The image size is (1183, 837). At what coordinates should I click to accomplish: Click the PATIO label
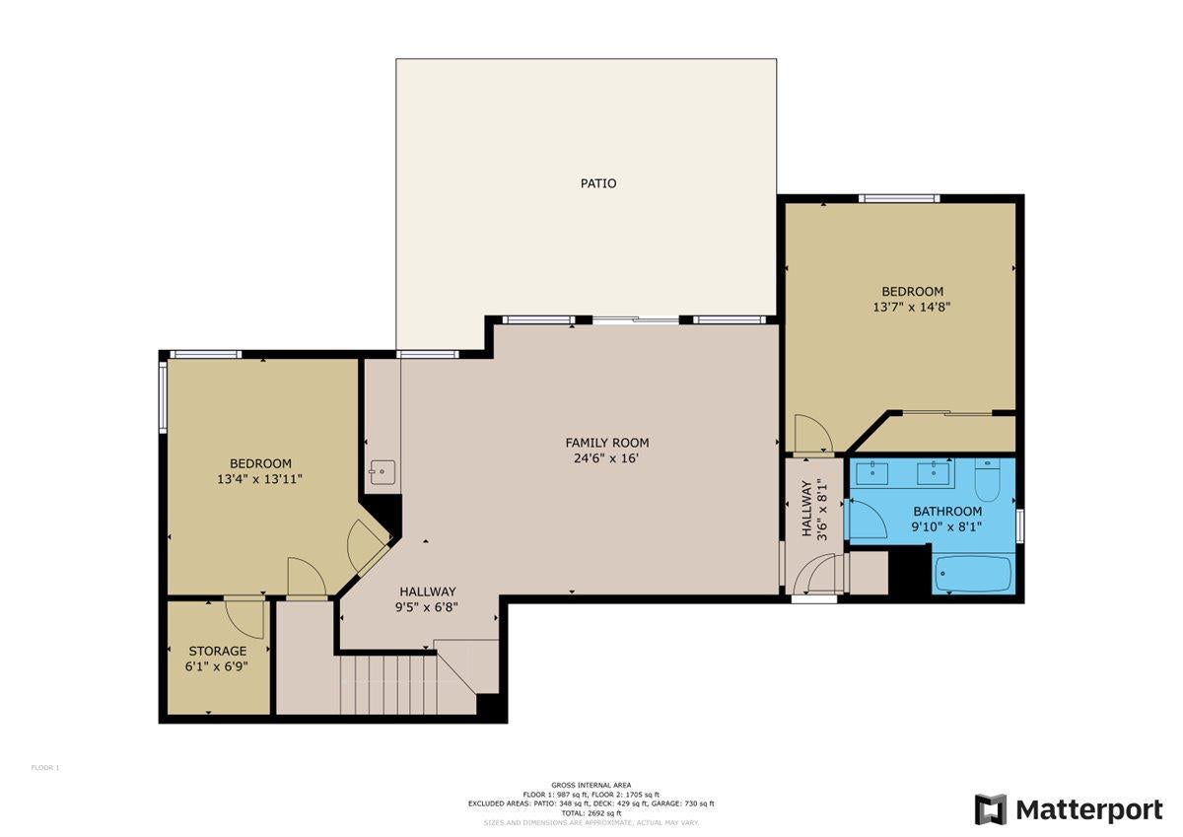598,183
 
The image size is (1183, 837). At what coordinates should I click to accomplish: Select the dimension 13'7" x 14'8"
912,307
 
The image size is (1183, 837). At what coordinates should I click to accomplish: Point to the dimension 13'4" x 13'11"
260,479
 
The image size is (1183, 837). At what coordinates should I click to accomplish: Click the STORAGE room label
217,651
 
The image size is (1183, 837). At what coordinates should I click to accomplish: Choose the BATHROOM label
946,511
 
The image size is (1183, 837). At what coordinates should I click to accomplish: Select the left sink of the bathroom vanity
870,473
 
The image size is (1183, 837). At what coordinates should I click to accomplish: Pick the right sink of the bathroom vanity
933,473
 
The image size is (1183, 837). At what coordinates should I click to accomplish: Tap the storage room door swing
244,616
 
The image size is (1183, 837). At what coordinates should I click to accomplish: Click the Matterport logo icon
990,809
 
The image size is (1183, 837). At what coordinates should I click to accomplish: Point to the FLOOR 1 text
45,767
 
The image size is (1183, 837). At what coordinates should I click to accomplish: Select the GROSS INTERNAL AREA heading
591,785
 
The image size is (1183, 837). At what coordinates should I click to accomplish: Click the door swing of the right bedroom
813,433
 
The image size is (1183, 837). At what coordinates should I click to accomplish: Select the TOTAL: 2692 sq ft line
591,812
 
